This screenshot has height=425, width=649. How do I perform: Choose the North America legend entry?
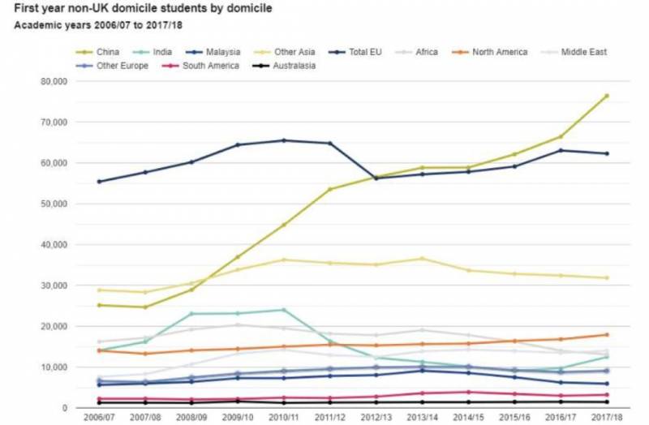coord(498,52)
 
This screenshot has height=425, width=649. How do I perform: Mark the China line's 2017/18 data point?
coord(606,96)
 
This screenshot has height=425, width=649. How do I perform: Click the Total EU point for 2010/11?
coord(283,140)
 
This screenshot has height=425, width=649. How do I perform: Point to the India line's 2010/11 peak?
coord(283,310)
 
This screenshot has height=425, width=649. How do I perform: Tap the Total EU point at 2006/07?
coord(99,182)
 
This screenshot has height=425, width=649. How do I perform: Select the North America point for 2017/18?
coord(606,334)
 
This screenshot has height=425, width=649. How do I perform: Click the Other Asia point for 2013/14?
coord(422,259)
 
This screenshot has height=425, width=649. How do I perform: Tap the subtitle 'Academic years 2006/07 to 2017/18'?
coord(94,25)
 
